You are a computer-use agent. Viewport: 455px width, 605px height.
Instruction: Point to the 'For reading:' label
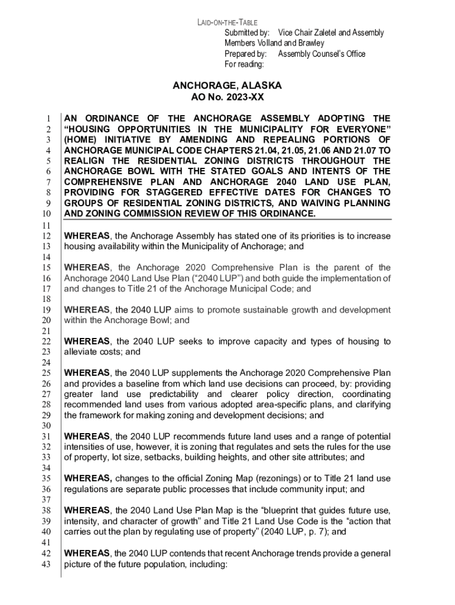click(245, 64)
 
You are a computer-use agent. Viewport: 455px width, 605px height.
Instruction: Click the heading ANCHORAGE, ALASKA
click(227, 86)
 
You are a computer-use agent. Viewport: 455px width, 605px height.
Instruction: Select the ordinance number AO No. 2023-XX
click(227, 97)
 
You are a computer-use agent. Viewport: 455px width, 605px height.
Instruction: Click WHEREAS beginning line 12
click(87, 236)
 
